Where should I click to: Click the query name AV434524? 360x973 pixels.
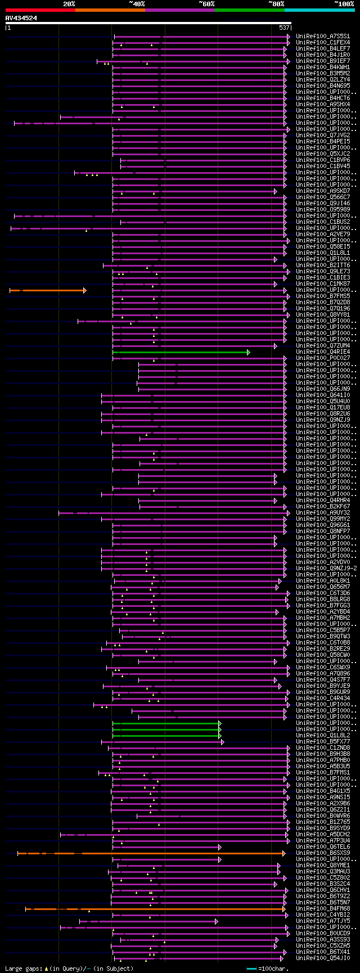click(x=21, y=18)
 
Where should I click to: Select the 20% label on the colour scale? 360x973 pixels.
click(x=69, y=4)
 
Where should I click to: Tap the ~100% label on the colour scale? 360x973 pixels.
click(x=344, y=4)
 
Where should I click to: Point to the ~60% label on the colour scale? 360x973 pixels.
click(x=206, y=4)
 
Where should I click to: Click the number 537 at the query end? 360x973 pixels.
click(x=284, y=28)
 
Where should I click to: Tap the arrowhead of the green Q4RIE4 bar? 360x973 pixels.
click(x=248, y=352)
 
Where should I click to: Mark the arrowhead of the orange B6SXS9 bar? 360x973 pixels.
click(x=285, y=853)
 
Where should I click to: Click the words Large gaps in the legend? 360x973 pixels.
click(x=23, y=969)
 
